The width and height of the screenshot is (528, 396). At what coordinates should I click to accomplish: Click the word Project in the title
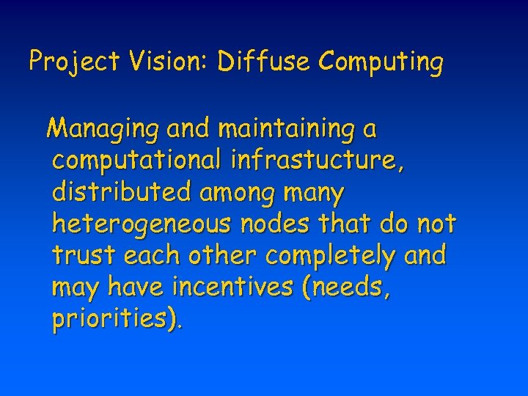pyautogui.click(x=73, y=62)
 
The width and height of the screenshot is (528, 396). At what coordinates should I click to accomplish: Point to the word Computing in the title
pyautogui.click(x=381, y=62)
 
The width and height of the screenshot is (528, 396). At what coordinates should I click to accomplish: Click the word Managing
pyautogui.click(x=103, y=130)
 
